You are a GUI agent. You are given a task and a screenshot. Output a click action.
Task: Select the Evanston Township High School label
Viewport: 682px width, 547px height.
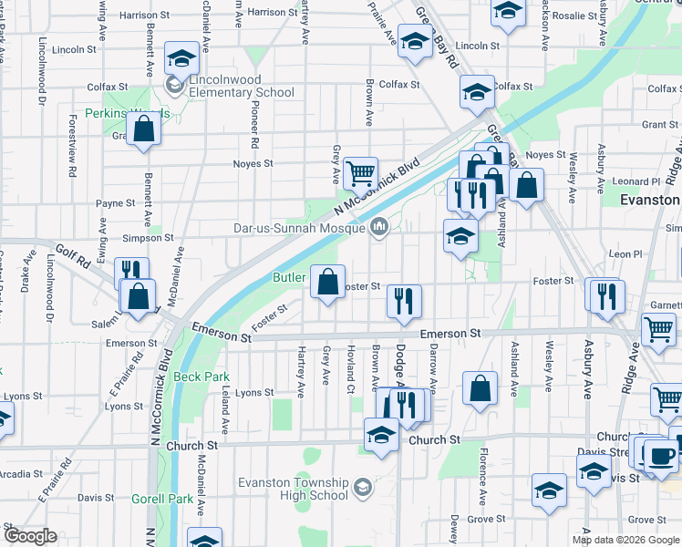(292, 489)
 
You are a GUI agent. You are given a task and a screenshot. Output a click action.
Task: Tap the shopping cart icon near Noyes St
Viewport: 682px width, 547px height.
(361, 171)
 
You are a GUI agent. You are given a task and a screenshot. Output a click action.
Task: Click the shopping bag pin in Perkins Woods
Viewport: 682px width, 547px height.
(144, 129)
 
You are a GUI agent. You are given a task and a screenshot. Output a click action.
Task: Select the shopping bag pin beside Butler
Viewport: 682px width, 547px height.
(327, 282)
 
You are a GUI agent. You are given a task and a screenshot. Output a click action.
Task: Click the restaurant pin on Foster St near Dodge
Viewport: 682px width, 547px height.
(404, 301)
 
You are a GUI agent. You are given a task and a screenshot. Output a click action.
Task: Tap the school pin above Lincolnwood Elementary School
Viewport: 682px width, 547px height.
(181, 58)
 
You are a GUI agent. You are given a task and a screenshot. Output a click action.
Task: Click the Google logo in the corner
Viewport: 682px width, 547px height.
(31, 536)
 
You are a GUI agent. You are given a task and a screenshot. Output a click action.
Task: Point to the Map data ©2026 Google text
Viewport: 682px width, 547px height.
(625, 540)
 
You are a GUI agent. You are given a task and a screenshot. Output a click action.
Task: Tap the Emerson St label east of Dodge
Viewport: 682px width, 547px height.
(449, 335)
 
